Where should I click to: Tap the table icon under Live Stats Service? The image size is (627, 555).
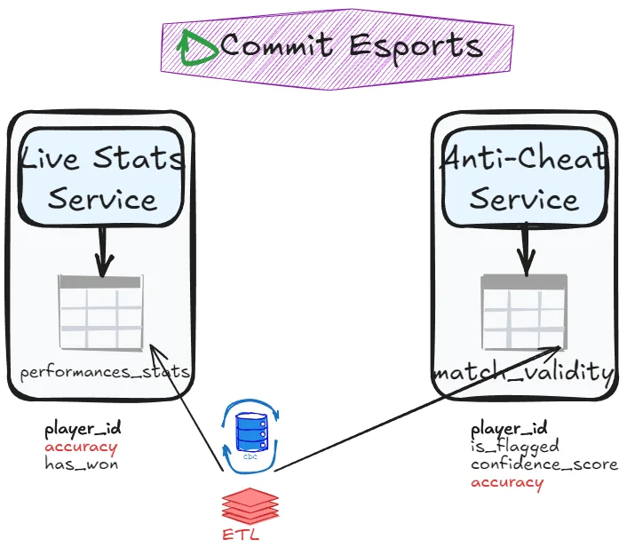[100, 312]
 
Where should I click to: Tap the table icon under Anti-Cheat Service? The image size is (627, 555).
[524, 312]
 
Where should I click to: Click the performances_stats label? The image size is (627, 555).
[105, 372]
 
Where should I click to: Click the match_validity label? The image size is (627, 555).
[524, 372]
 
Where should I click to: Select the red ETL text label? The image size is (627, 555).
[242, 535]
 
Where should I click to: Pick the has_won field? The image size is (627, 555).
[81, 464]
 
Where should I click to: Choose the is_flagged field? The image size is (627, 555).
[515, 446]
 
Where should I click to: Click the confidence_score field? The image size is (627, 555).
[544, 464]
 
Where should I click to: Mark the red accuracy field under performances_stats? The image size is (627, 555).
[81, 447]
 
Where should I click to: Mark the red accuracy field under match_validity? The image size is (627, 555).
[506, 482]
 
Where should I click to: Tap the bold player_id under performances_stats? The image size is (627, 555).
[83, 430]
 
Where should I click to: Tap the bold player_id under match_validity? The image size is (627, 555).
[509, 428]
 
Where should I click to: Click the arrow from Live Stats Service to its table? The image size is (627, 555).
[103, 250]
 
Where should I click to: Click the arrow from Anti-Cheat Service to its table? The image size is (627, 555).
[526, 250]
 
